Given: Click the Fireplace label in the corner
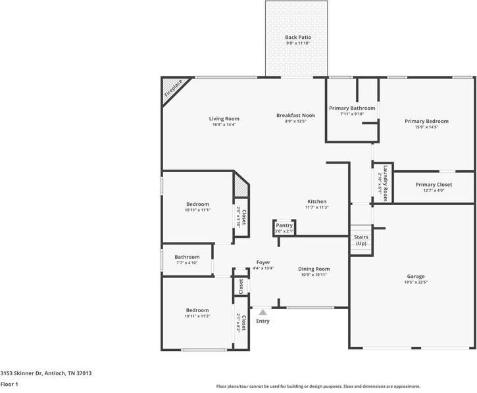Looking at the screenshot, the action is [174, 88].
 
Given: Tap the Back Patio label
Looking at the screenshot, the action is [298, 37].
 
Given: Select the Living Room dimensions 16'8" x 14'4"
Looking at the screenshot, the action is [224, 125].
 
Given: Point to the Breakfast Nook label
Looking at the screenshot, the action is [295, 115].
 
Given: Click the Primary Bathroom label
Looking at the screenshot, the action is [352, 108].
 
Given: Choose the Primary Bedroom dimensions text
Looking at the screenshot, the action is [426, 127].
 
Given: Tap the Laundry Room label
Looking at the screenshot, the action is [386, 183].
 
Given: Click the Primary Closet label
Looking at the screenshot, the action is [434, 185].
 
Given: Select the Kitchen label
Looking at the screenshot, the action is [317, 201].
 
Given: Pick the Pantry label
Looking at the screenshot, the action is [284, 225].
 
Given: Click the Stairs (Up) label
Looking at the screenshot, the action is [361, 240].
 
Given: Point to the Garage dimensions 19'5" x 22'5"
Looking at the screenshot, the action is [416, 282].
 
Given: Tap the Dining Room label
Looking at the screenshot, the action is [314, 269].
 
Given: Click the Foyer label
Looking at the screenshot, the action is [263, 262].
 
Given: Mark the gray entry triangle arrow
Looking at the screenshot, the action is [263, 312].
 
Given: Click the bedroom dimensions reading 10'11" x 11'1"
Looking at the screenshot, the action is [198, 210].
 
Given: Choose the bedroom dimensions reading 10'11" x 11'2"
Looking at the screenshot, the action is [198, 316].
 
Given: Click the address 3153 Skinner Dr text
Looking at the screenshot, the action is [21, 373].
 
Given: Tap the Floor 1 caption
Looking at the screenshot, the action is [9, 384].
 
